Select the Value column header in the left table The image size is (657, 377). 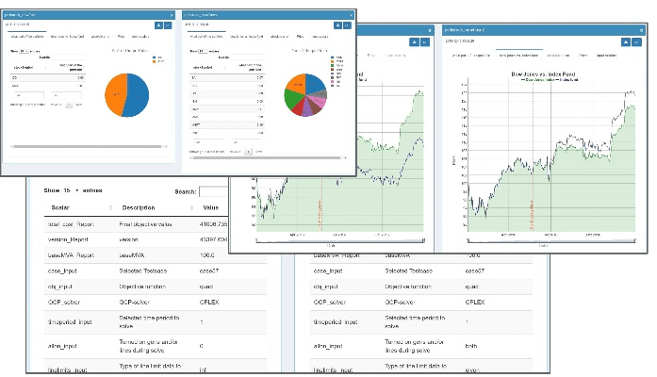pyautogui.click(x=210, y=207)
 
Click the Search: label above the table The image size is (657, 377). pyautogui.click(x=186, y=191)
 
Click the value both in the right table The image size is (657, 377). pyautogui.click(x=474, y=346)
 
